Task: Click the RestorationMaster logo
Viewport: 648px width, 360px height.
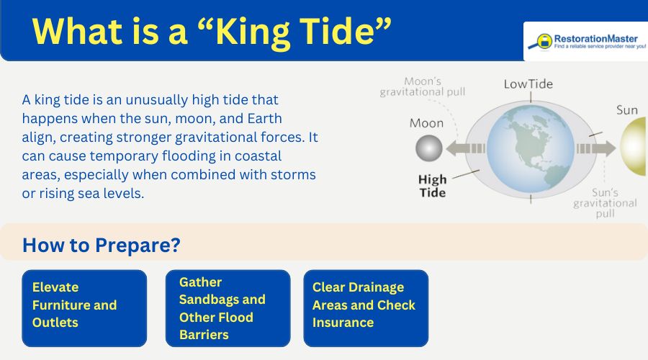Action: tap(586, 41)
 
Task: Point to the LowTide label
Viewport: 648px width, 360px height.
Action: tap(528, 84)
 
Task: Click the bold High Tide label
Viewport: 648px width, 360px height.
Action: tap(432, 186)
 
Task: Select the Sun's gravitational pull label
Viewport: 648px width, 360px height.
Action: tap(605, 204)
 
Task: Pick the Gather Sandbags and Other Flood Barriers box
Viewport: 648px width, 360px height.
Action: tap(228, 307)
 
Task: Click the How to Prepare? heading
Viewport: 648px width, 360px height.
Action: tap(101, 245)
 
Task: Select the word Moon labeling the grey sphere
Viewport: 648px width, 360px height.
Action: tap(426, 123)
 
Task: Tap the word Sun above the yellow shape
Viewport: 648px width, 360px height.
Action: tap(626, 110)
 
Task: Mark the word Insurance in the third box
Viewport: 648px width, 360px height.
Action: tap(343, 323)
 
